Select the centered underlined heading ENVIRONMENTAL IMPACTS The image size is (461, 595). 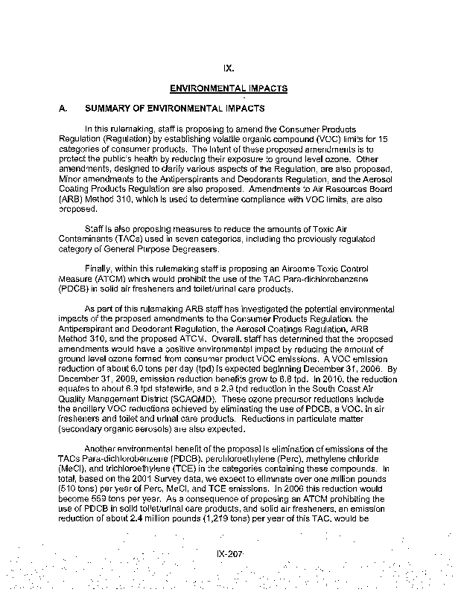point(229,88)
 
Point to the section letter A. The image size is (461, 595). point(63,109)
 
